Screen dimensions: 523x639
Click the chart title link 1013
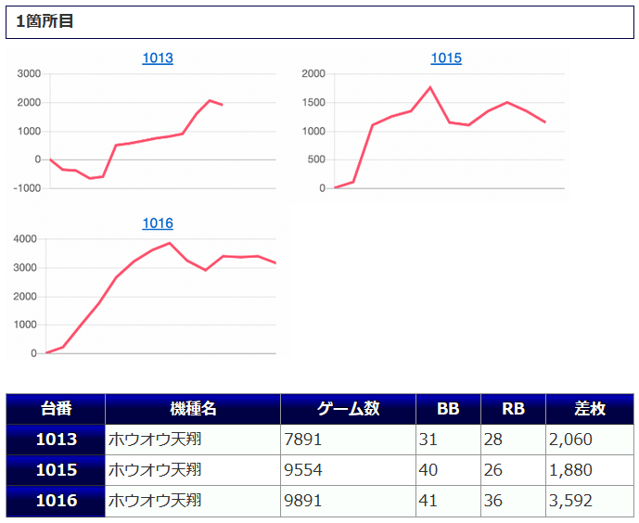158,58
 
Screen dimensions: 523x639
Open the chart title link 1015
446,58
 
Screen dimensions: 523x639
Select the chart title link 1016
158,223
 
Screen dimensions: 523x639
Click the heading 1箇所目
45,21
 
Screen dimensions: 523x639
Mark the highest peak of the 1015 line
430,87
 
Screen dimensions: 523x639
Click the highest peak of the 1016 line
170,243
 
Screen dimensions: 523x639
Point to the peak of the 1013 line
210,100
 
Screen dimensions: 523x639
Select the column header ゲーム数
348,409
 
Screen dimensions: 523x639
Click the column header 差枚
590,409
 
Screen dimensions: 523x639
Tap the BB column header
448,409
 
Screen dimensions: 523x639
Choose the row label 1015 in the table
56,470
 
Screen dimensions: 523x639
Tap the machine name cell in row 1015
155,470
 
